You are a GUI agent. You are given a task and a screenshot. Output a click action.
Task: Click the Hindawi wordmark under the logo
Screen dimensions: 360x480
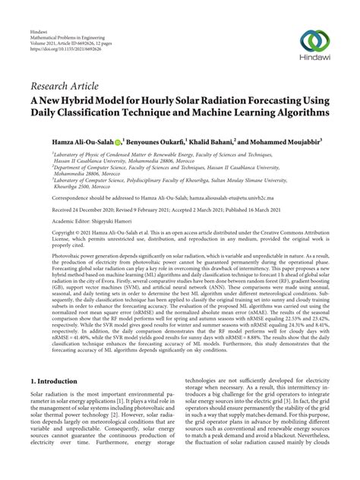click(x=319, y=63)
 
